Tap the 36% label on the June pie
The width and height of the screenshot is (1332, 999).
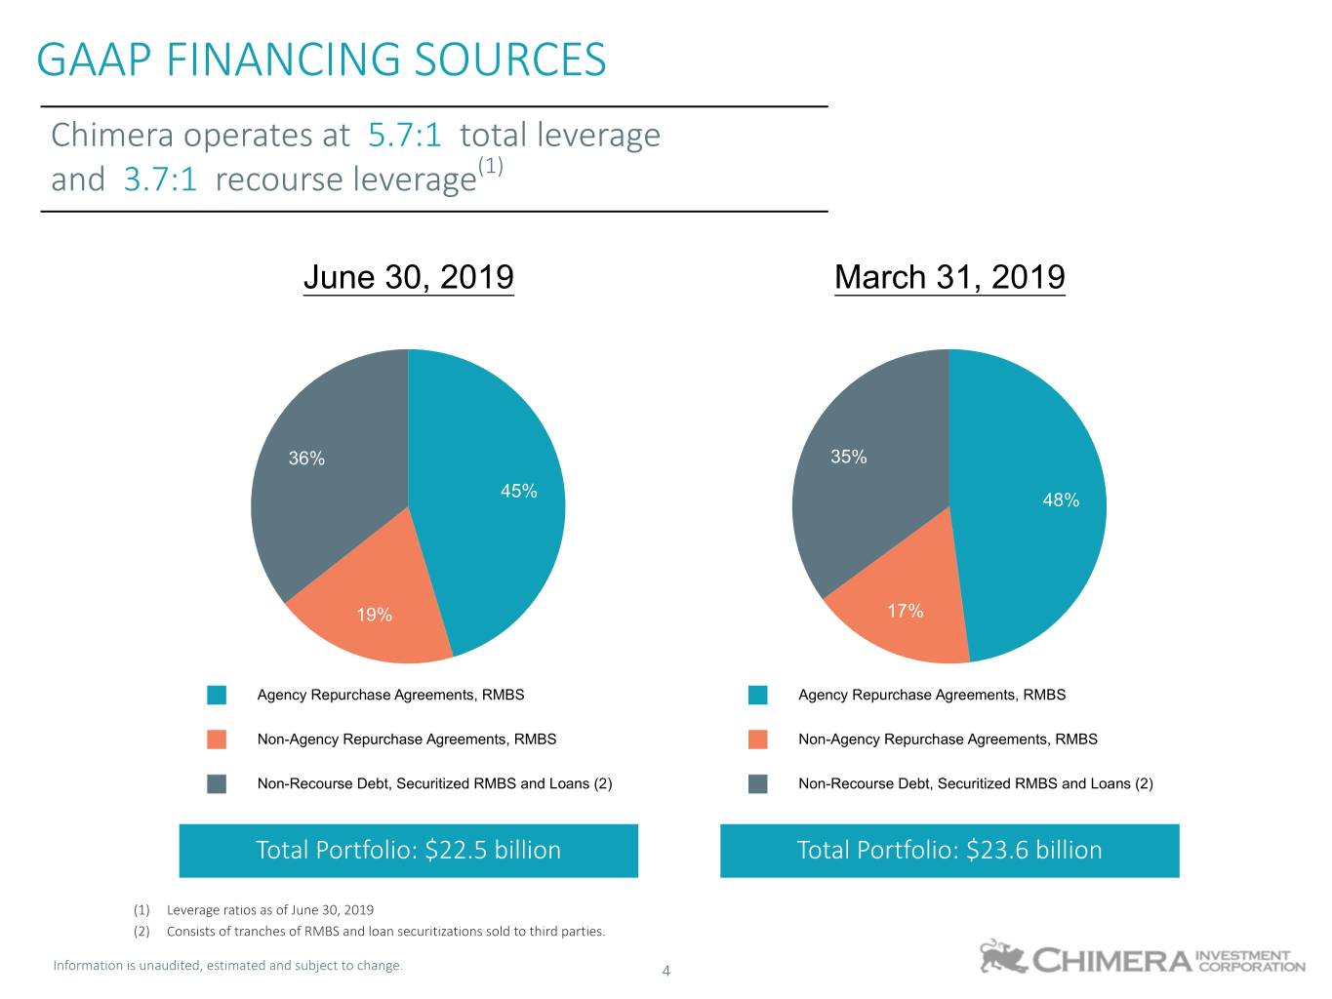(x=306, y=459)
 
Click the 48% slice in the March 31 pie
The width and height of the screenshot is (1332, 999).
(x=1034, y=507)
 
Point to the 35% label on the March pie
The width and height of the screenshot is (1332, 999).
(x=848, y=457)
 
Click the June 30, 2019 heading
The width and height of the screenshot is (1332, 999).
(x=408, y=277)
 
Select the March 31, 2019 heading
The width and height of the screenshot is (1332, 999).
(x=949, y=277)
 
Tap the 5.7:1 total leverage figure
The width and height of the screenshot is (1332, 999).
(x=404, y=135)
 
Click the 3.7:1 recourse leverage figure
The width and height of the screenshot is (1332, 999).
(x=160, y=180)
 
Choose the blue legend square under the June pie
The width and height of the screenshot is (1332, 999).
(x=217, y=695)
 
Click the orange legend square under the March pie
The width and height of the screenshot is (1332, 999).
(x=758, y=739)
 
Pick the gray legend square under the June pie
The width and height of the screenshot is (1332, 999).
(x=217, y=783)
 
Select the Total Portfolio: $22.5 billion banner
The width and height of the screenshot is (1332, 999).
(x=408, y=850)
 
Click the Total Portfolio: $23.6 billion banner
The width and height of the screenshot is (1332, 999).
(x=949, y=850)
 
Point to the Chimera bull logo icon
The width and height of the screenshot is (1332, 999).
(x=1002, y=957)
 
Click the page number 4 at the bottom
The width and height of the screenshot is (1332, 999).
(x=666, y=971)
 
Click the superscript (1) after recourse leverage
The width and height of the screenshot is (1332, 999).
(x=490, y=166)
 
